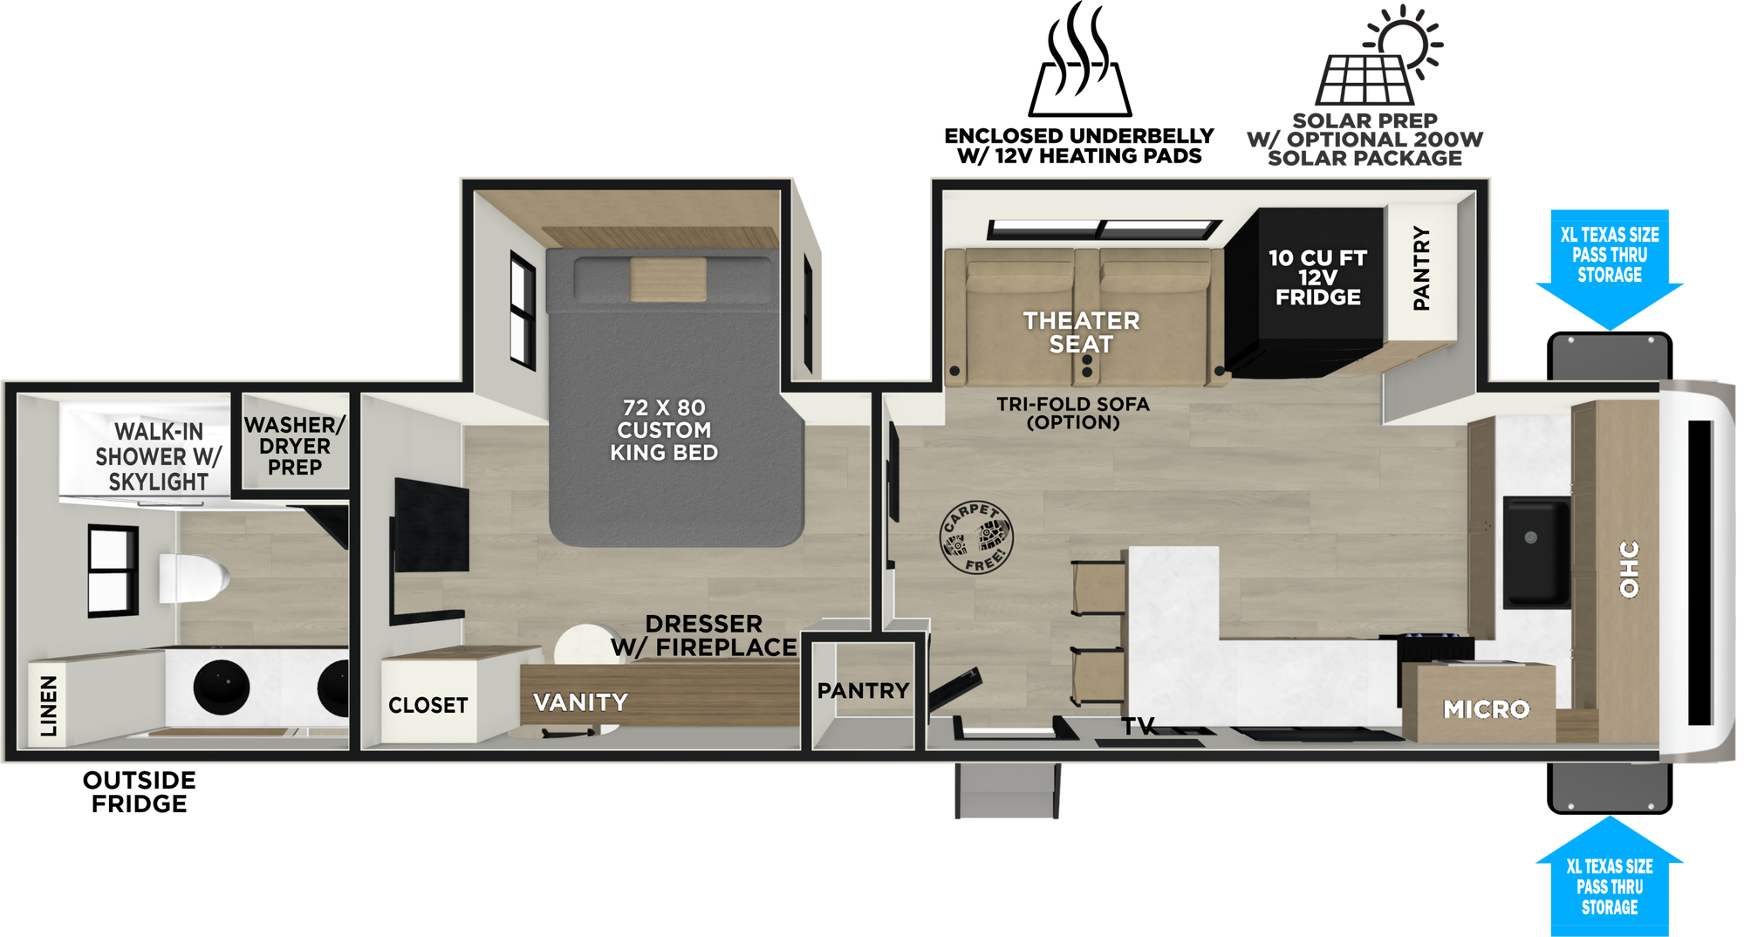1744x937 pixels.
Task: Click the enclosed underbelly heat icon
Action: pos(1080,59)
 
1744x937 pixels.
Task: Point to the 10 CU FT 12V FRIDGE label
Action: pos(1317,277)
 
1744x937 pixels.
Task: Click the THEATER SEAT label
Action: pos(1081,332)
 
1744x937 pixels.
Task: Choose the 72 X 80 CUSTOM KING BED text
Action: pos(664,430)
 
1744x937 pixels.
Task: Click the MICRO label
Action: pos(1486,709)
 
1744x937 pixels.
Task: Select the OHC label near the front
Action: pos(1629,569)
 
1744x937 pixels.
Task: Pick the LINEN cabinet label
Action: pos(49,706)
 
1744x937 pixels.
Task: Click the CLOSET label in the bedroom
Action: pos(428,705)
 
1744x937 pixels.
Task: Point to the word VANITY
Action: pos(580,702)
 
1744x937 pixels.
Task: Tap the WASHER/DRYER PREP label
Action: pos(295,446)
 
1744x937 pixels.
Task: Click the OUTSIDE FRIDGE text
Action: pos(140,792)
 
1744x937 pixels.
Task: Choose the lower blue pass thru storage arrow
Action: pos(1610,876)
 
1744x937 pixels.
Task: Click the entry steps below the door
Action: pos(1008,790)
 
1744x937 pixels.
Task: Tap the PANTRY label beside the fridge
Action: pos(1421,268)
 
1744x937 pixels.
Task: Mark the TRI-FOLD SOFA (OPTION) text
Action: pos(1073,414)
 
